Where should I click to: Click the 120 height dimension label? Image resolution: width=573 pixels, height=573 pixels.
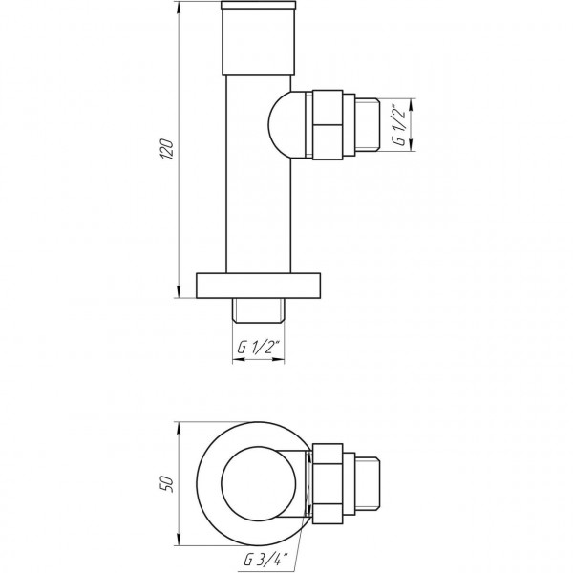point(167,149)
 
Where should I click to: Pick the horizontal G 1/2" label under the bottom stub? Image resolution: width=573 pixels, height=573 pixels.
point(258,348)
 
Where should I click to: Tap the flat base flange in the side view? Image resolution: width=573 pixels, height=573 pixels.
point(258,286)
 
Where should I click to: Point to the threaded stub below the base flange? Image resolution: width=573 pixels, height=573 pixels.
point(258,309)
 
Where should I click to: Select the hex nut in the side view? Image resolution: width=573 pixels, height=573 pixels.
point(329,123)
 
